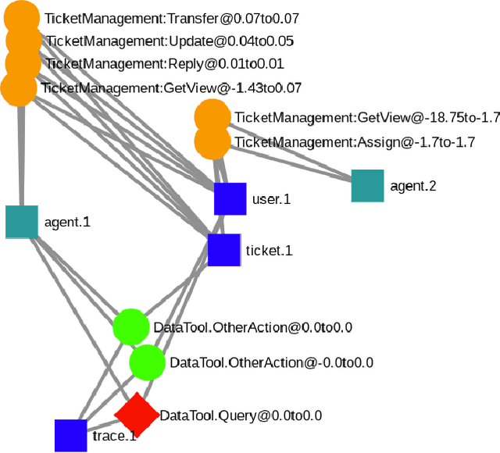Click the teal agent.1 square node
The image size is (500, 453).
22,222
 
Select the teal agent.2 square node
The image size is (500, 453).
367,186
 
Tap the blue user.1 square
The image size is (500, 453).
230,199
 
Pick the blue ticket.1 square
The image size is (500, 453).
224,250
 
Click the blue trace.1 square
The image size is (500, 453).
71,435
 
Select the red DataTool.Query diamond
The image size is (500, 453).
137,416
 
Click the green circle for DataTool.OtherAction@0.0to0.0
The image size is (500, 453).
130,327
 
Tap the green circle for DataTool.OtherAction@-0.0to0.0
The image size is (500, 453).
147,362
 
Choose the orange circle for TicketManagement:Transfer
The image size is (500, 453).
24,17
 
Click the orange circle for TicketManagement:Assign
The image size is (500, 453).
212,142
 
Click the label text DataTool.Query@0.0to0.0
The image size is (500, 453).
241,416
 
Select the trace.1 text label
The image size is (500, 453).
114,435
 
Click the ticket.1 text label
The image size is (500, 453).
269,251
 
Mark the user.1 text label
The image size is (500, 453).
271,199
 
